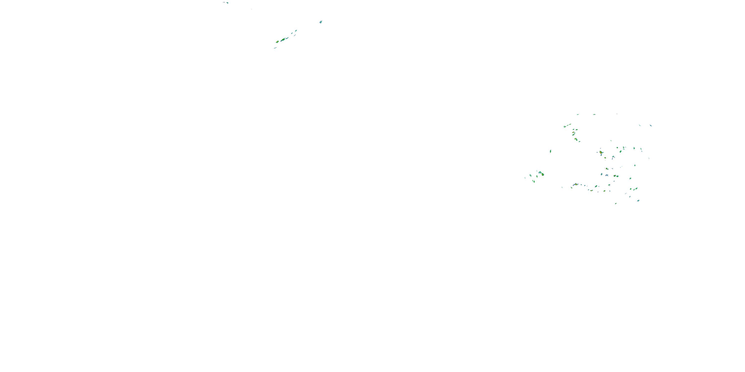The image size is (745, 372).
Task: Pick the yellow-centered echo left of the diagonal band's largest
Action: point(277,42)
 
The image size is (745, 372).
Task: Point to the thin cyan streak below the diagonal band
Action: point(275,48)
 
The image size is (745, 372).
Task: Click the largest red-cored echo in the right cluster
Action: point(601,152)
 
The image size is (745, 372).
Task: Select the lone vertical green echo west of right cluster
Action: point(550,151)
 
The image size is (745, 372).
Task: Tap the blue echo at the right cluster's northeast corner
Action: point(651,126)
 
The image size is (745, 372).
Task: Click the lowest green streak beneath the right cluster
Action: point(616,203)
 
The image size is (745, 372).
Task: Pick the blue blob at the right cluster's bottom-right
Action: point(638,200)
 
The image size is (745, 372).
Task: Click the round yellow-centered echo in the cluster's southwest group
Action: point(543,174)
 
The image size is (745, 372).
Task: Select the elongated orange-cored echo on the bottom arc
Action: point(576,184)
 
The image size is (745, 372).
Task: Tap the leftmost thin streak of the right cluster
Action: point(525,178)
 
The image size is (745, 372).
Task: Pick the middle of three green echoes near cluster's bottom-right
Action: point(631,189)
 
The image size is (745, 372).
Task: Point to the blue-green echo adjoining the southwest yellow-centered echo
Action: point(540,172)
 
